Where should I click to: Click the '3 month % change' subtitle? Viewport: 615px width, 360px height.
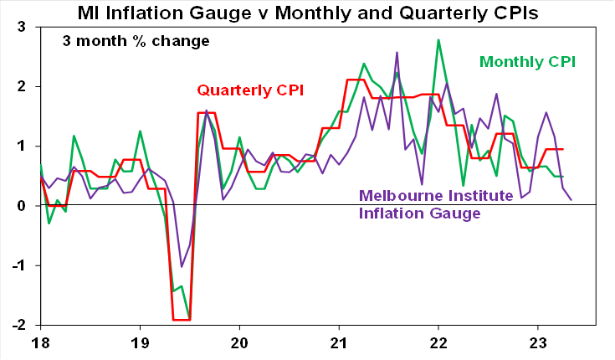[x=136, y=41]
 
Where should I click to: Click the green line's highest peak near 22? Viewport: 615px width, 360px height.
[x=438, y=39]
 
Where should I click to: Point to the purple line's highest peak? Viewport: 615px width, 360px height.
[x=397, y=53]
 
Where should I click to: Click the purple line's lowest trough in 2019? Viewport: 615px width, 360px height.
[x=182, y=266]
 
